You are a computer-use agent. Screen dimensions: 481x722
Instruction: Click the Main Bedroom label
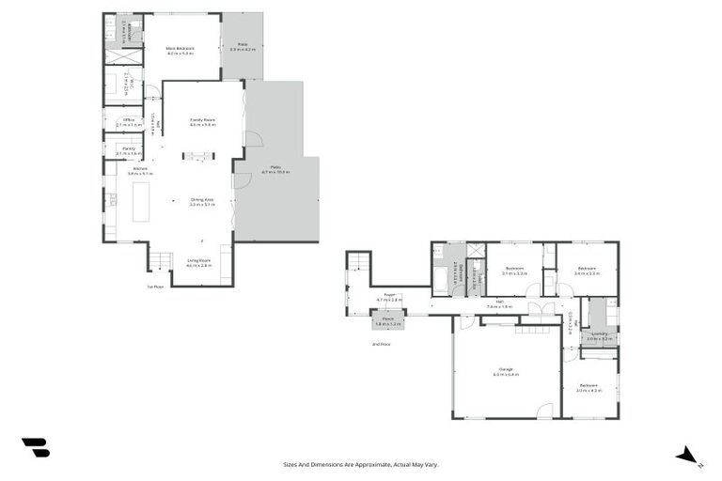(180, 50)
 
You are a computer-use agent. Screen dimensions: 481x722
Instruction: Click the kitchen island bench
(141, 201)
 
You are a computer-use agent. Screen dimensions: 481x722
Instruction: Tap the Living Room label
(198, 263)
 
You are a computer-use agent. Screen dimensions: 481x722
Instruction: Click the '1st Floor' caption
(155, 287)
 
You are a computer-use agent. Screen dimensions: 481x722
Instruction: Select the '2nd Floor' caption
(381, 344)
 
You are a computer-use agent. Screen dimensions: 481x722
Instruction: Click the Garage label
(506, 371)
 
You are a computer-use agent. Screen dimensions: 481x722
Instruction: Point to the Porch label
(387, 320)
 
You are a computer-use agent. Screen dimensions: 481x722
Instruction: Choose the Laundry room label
(599, 335)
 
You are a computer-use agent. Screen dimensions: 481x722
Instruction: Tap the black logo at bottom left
(35, 448)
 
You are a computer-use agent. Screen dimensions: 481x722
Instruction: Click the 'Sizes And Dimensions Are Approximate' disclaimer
(361, 464)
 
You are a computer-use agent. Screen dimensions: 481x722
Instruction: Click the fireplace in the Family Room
(198, 157)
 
